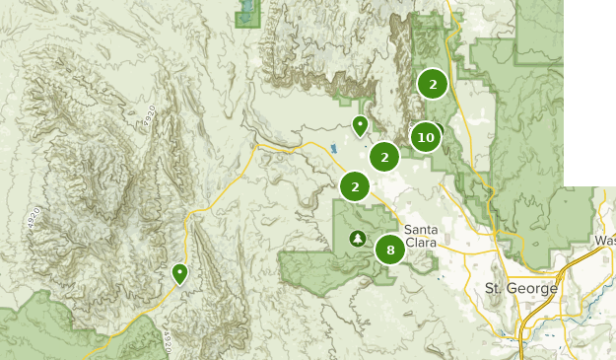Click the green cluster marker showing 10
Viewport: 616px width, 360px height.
(x=425, y=137)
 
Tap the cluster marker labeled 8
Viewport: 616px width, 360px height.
(x=390, y=250)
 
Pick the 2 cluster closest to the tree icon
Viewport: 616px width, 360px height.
(x=355, y=185)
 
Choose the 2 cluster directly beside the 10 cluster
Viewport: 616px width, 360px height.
(x=384, y=156)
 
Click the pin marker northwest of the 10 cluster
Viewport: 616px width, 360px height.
(x=361, y=126)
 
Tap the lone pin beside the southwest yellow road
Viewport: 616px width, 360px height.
(x=179, y=273)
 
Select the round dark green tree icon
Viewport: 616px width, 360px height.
(x=357, y=238)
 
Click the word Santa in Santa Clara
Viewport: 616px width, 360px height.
(x=421, y=229)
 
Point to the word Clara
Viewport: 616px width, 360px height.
(x=421, y=242)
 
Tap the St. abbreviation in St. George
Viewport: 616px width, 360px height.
(x=494, y=289)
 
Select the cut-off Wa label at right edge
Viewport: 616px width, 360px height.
(x=605, y=241)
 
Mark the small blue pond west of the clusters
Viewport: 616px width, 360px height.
(x=333, y=149)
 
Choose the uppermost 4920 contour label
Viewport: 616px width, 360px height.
(x=149, y=116)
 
